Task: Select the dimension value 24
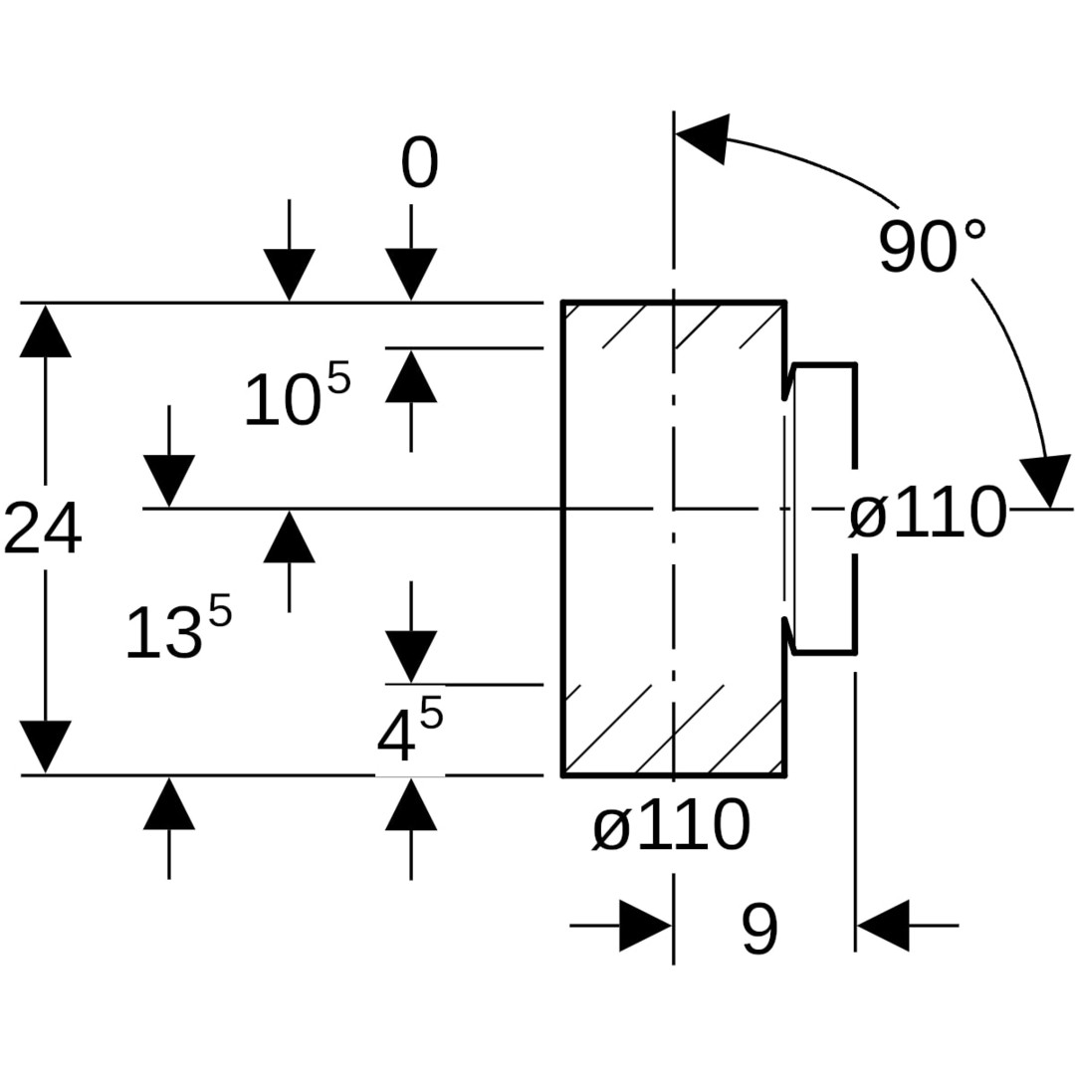(x=43, y=528)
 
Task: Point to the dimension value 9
(x=759, y=929)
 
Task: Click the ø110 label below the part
(x=671, y=825)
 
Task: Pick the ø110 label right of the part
(x=928, y=512)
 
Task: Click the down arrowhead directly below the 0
(x=411, y=275)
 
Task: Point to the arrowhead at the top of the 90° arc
(x=703, y=138)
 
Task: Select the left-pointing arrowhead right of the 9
(x=883, y=926)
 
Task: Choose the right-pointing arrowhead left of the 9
(x=646, y=926)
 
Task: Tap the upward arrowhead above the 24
(x=45, y=331)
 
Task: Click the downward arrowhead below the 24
(x=45, y=748)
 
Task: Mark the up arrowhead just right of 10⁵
(x=411, y=375)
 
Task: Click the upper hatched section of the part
(x=673, y=325)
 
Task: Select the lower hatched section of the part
(x=673, y=730)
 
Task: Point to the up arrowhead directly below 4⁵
(x=411, y=804)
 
